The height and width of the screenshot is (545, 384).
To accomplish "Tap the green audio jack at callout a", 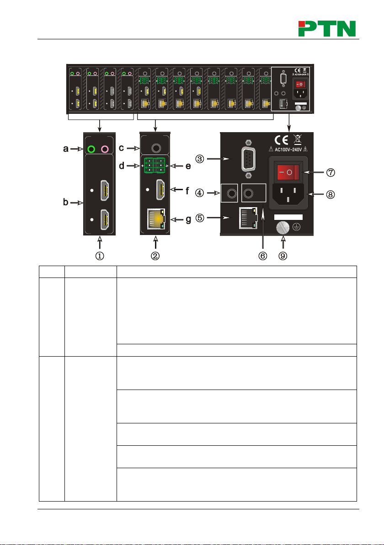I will (x=91, y=149).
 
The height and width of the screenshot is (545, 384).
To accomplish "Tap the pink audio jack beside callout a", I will (x=106, y=149).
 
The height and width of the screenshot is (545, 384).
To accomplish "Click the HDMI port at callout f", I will (x=161, y=189).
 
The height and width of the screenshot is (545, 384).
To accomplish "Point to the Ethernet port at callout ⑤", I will (x=248, y=219).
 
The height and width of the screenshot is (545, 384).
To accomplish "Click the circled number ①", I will (x=99, y=256).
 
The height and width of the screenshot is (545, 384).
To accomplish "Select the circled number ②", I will (x=156, y=256).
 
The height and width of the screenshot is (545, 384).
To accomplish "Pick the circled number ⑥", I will (x=263, y=256).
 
